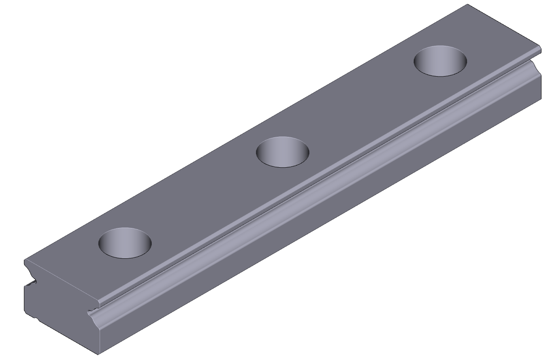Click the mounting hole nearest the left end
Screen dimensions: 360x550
(125, 243)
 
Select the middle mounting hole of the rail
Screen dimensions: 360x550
(282, 152)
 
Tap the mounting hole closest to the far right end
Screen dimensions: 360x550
(440, 61)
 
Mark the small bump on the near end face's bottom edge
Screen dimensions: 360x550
(36, 319)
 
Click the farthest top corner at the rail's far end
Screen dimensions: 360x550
(468, 4)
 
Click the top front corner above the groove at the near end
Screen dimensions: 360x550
(100, 302)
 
